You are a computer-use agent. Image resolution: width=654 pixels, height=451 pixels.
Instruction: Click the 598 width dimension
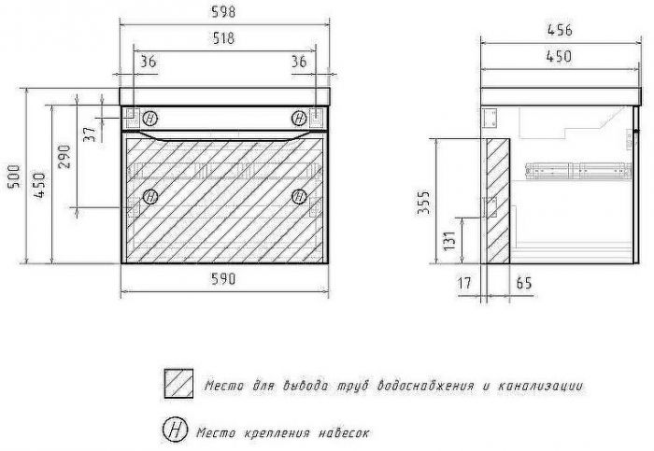pos(224,11)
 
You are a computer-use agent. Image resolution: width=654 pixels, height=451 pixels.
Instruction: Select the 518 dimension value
pos(224,38)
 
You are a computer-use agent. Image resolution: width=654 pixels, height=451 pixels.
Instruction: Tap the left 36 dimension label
pos(148,62)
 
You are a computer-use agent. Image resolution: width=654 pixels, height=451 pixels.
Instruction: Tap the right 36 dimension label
pos(299,62)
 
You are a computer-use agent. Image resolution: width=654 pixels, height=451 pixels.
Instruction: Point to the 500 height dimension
pos(14,176)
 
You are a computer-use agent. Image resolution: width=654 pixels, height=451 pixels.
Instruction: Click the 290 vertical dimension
pos(64,156)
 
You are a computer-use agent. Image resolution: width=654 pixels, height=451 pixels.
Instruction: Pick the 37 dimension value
pos(90,134)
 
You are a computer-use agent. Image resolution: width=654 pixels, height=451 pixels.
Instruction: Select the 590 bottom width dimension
pos(224,278)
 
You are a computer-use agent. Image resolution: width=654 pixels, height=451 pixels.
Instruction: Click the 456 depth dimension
pos(560,30)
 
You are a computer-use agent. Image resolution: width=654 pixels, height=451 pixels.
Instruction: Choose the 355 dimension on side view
pos(423,203)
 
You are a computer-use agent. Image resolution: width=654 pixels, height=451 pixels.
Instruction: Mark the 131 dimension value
pos(449,241)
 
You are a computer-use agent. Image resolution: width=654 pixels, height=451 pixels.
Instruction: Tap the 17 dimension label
pos(464,284)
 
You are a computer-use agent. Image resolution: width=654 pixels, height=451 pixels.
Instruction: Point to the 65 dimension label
pos(524,283)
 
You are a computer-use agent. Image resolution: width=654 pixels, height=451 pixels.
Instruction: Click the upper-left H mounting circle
pos(150,119)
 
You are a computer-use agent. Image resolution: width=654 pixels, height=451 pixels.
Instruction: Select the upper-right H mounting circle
pos(299,119)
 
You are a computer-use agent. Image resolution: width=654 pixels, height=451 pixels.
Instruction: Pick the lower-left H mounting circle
pos(150,196)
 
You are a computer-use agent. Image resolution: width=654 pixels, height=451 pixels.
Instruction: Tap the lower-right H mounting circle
pos(299,196)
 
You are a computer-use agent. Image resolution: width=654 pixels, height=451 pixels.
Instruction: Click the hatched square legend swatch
pos(178,383)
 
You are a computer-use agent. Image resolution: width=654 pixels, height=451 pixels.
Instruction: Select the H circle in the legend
pos(175,430)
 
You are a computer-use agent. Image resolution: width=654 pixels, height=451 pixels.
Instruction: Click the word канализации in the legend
pos(541,387)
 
